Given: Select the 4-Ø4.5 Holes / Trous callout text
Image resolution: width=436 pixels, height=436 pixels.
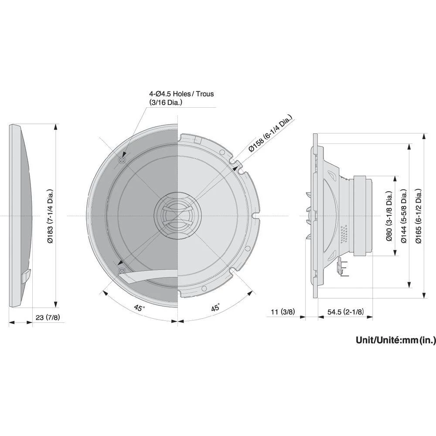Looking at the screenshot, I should click(x=181, y=94).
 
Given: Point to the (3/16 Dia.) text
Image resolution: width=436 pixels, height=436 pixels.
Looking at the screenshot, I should click(x=165, y=102).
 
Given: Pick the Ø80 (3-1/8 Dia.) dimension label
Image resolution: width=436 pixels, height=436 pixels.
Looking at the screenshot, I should click(x=389, y=216).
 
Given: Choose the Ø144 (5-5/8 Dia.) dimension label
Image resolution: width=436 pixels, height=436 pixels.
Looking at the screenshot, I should click(x=404, y=216).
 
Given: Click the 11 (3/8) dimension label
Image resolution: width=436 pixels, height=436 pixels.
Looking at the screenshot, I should click(x=283, y=312).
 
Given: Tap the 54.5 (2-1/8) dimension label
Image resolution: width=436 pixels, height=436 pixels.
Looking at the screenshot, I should click(x=345, y=312).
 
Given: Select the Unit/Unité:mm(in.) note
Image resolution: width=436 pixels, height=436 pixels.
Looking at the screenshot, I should click(x=395, y=340).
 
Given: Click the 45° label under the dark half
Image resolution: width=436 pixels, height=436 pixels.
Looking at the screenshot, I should click(x=139, y=308).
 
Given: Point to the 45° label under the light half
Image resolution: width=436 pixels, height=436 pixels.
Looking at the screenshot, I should click(x=215, y=308).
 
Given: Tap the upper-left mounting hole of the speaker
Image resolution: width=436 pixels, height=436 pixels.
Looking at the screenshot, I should click(x=122, y=160).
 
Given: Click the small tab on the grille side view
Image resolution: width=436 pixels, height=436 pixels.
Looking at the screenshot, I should click(x=26, y=276).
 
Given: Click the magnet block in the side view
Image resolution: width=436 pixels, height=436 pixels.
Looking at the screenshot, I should click(x=363, y=216).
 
